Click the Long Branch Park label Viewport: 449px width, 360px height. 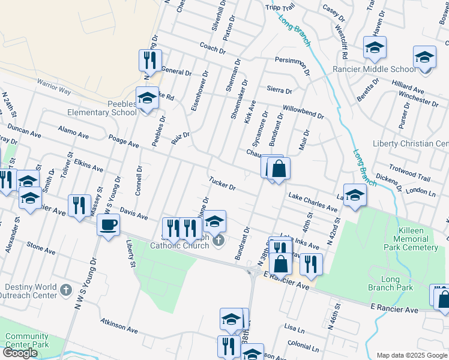397,283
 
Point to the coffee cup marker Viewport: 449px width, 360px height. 108,225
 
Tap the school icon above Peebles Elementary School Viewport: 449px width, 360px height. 147,97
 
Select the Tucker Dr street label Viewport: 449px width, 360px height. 222,183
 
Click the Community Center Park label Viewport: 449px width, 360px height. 27,341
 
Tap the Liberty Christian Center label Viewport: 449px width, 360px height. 411,144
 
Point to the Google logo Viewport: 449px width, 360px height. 20,353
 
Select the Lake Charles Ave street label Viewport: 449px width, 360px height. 312,202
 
